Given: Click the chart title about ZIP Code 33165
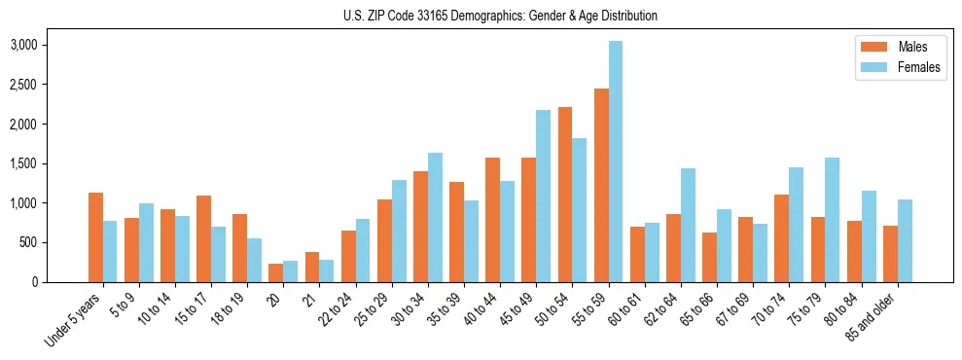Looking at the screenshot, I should tap(500, 16).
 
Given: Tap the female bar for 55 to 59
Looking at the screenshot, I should tap(616, 162).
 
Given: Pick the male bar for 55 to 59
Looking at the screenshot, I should tap(601, 185).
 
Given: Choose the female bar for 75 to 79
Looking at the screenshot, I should tap(832, 220).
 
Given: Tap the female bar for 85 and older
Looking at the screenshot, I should tap(905, 240).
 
